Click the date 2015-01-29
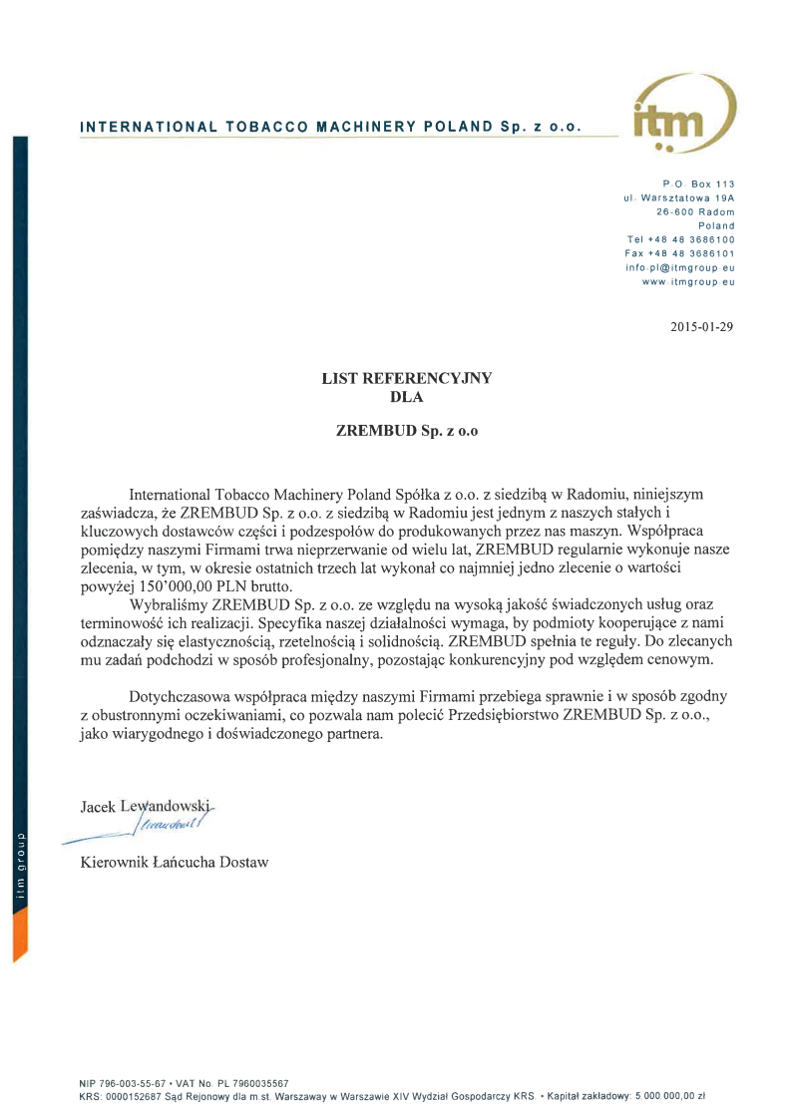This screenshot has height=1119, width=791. (x=702, y=327)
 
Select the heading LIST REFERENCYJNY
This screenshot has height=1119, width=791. (x=407, y=379)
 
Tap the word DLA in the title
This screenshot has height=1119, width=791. (x=407, y=397)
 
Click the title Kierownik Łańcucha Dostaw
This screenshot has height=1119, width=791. (x=175, y=862)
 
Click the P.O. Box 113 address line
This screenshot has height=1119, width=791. (x=698, y=185)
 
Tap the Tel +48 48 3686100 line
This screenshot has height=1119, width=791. (x=680, y=240)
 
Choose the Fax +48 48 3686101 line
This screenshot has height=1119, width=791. (x=680, y=254)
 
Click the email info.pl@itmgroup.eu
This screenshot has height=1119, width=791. (x=680, y=268)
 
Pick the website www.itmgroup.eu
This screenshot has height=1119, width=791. (x=688, y=282)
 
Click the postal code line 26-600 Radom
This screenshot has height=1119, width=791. (x=695, y=212)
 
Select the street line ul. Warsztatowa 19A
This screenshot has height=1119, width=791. (x=679, y=198)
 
